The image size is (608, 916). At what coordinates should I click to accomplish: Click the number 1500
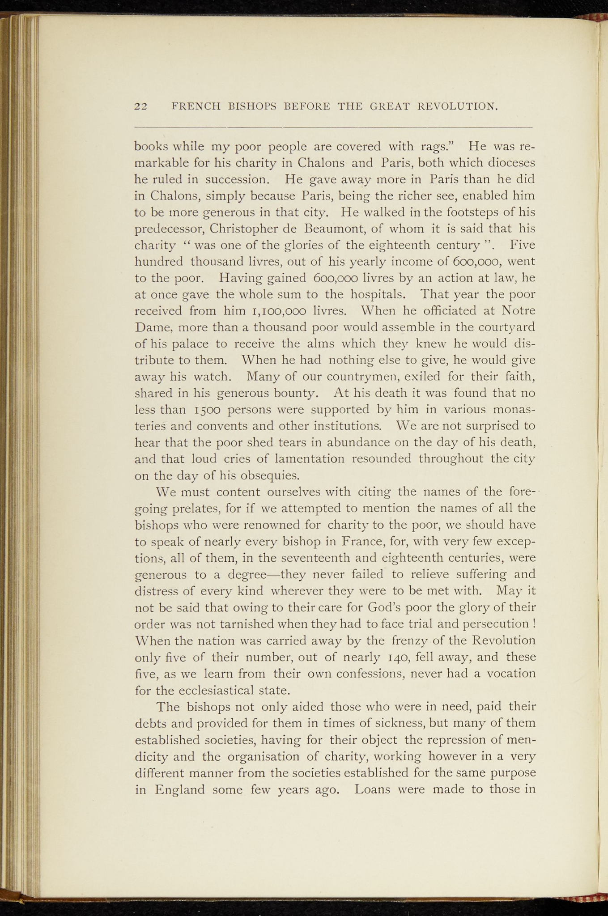(206, 410)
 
